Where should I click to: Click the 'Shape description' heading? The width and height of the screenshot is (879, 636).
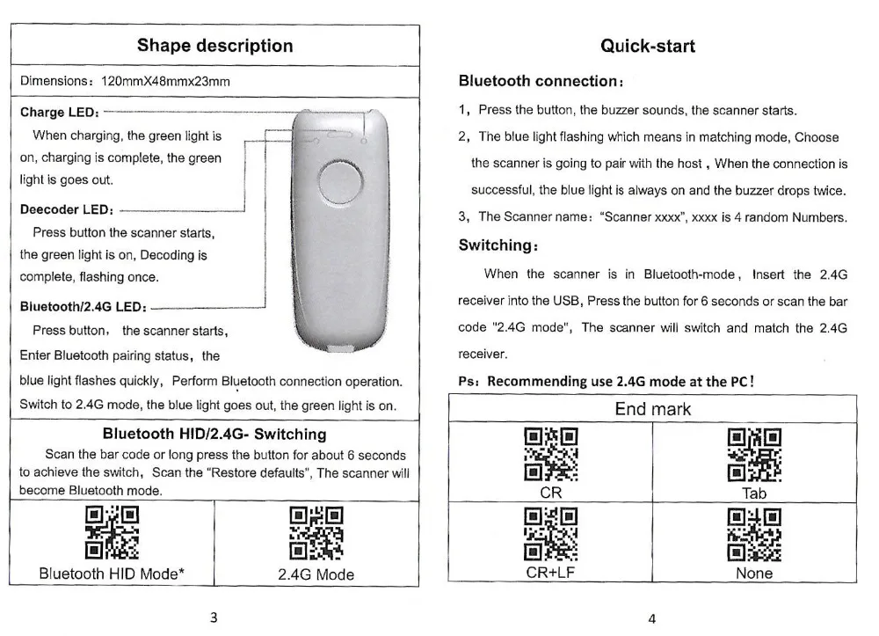point(214,46)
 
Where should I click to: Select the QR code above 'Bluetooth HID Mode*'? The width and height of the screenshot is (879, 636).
point(111,533)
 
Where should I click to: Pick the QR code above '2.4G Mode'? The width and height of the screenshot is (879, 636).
point(316,533)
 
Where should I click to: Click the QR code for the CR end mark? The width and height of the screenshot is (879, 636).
point(550,455)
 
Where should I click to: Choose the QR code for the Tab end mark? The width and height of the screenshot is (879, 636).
point(754,455)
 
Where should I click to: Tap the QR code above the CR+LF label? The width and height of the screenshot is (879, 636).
point(550,536)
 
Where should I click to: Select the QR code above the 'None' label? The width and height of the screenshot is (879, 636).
point(754,536)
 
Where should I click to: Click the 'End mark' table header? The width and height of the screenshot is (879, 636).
point(652,409)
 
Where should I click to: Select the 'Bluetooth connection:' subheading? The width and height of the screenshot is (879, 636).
point(541,81)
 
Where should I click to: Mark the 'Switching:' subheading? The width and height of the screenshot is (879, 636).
point(498,245)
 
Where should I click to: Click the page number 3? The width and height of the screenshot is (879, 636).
point(214,616)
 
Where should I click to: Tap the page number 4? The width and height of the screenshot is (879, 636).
point(651,617)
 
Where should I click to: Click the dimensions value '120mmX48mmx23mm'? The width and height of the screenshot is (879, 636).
point(166,81)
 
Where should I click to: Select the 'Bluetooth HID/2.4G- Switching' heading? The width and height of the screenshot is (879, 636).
point(214,434)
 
